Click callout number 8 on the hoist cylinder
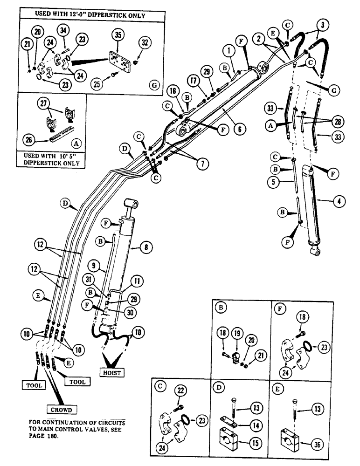click(145, 248)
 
